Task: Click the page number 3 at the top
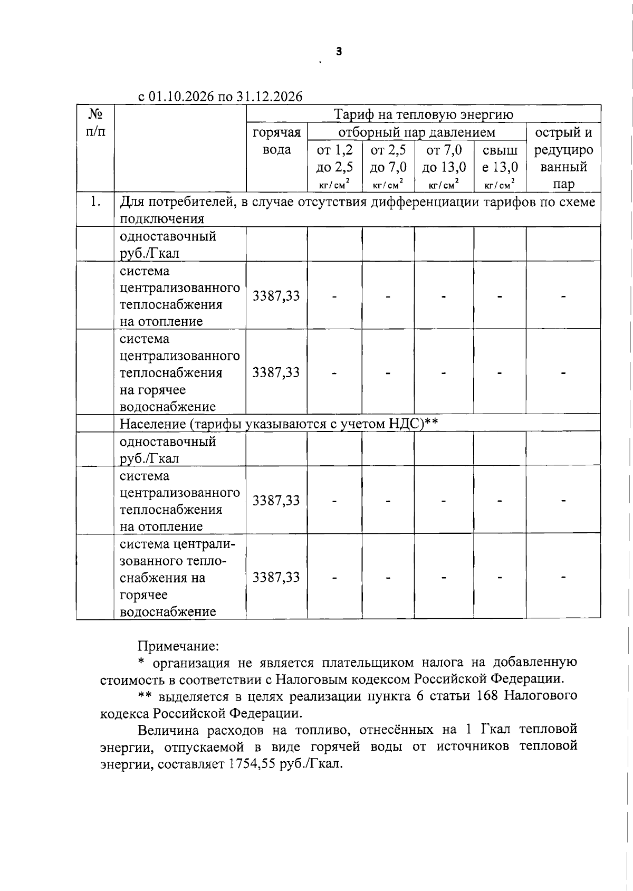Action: click(x=339, y=52)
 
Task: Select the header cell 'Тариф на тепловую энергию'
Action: click(x=424, y=114)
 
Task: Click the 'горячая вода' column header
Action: click(x=277, y=141)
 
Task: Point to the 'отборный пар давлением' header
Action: click(x=417, y=132)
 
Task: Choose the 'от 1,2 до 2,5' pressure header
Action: click(x=334, y=158)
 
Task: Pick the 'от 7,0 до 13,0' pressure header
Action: click(x=444, y=158)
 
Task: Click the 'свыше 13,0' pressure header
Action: click(x=500, y=158)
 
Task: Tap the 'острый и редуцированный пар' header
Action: click(x=563, y=158)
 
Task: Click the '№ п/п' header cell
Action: click(x=95, y=123)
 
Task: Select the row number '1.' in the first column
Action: click(x=95, y=202)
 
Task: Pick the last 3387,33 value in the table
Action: click(x=276, y=577)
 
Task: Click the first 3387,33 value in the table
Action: click(x=276, y=295)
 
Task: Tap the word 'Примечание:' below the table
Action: click(x=178, y=646)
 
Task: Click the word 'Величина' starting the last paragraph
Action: click(x=167, y=730)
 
